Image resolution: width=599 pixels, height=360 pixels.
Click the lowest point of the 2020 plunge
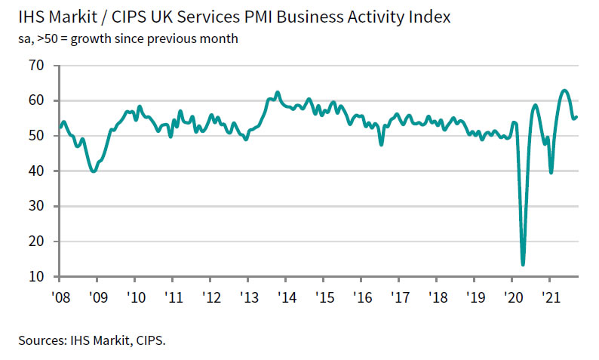pyautogui.click(x=523, y=264)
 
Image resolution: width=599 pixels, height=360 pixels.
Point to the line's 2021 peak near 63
pyautogui.click(x=564, y=91)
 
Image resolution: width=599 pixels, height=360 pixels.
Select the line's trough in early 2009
pyautogui.click(x=93, y=171)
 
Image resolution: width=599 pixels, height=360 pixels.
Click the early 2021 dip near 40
pyautogui.click(x=551, y=172)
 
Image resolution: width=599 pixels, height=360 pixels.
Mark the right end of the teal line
pyautogui.click(x=577, y=116)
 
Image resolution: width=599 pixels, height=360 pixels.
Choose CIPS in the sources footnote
pyautogui.click(x=149, y=340)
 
